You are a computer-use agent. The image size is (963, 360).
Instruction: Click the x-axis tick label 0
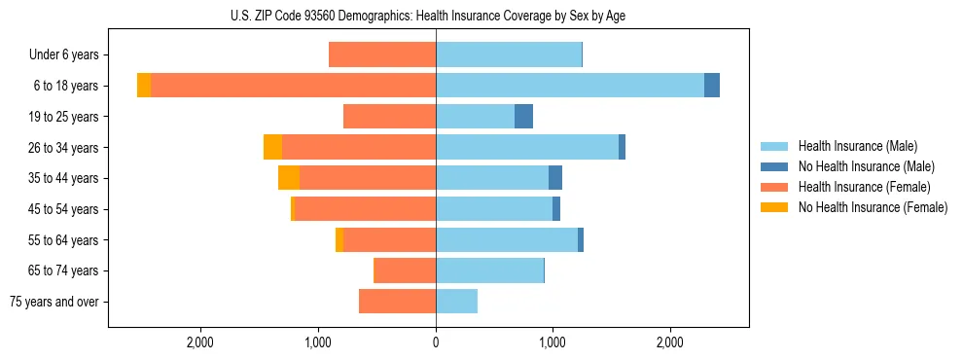tap(436, 343)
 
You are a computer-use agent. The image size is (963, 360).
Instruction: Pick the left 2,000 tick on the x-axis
tap(200, 343)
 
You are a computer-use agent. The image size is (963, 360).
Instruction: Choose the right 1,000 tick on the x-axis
tap(553, 343)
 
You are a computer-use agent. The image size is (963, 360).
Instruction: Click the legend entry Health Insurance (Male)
tap(857, 146)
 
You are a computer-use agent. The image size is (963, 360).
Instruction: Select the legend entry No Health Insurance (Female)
tap(873, 207)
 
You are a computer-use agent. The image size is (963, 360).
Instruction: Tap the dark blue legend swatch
tap(775, 166)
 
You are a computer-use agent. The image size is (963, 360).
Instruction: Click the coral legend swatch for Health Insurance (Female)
tap(775, 187)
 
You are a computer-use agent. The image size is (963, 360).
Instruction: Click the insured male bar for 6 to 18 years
tap(570, 86)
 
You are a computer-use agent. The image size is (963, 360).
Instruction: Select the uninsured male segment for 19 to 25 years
tap(523, 117)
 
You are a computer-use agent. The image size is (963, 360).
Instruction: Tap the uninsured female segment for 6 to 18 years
tap(144, 86)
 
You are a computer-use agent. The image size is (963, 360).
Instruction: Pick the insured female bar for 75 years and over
tap(397, 302)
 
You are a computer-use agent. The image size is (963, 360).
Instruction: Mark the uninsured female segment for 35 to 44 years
tap(289, 178)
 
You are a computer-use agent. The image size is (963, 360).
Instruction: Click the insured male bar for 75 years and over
tap(456, 302)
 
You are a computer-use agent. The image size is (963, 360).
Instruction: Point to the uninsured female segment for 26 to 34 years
tap(272, 147)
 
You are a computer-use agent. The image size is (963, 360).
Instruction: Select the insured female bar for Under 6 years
tap(382, 55)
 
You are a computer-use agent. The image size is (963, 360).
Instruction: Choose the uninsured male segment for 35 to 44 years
tap(555, 178)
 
